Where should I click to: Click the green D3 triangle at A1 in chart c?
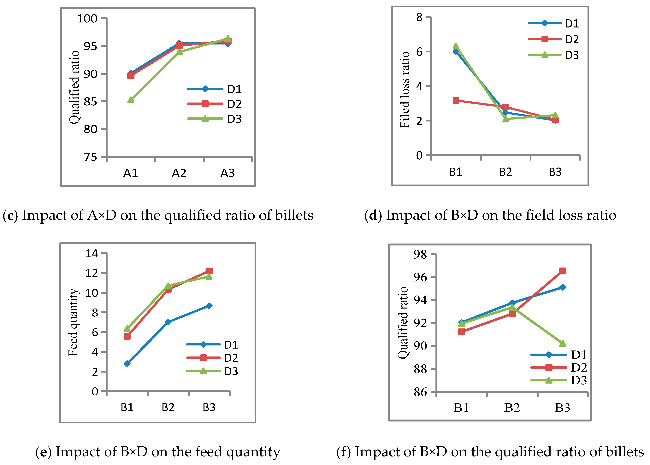click(x=131, y=100)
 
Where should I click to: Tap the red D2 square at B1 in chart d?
click(x=456, y=100)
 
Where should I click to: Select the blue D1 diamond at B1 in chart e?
click(x=127, y=363)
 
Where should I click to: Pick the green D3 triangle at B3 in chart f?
click(x=562, y=343)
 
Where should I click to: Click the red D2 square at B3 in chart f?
click(x=562, y=271)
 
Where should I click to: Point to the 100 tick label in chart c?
click(x=87, y=19)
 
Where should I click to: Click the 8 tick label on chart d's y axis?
click(x=419, y=17)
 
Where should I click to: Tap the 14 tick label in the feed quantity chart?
click(x=92, y=253)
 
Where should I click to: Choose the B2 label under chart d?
click(x=505, y=172)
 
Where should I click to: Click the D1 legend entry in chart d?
click(x=571, y=23)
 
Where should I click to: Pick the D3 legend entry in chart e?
click(x=231, y=371)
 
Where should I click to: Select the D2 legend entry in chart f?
click(x=578, y=367)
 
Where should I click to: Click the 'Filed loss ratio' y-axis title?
click(x=405, y=90)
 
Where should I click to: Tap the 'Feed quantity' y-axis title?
click(x=73, y=322)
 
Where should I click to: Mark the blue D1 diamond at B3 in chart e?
click(x=209, y=306)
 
